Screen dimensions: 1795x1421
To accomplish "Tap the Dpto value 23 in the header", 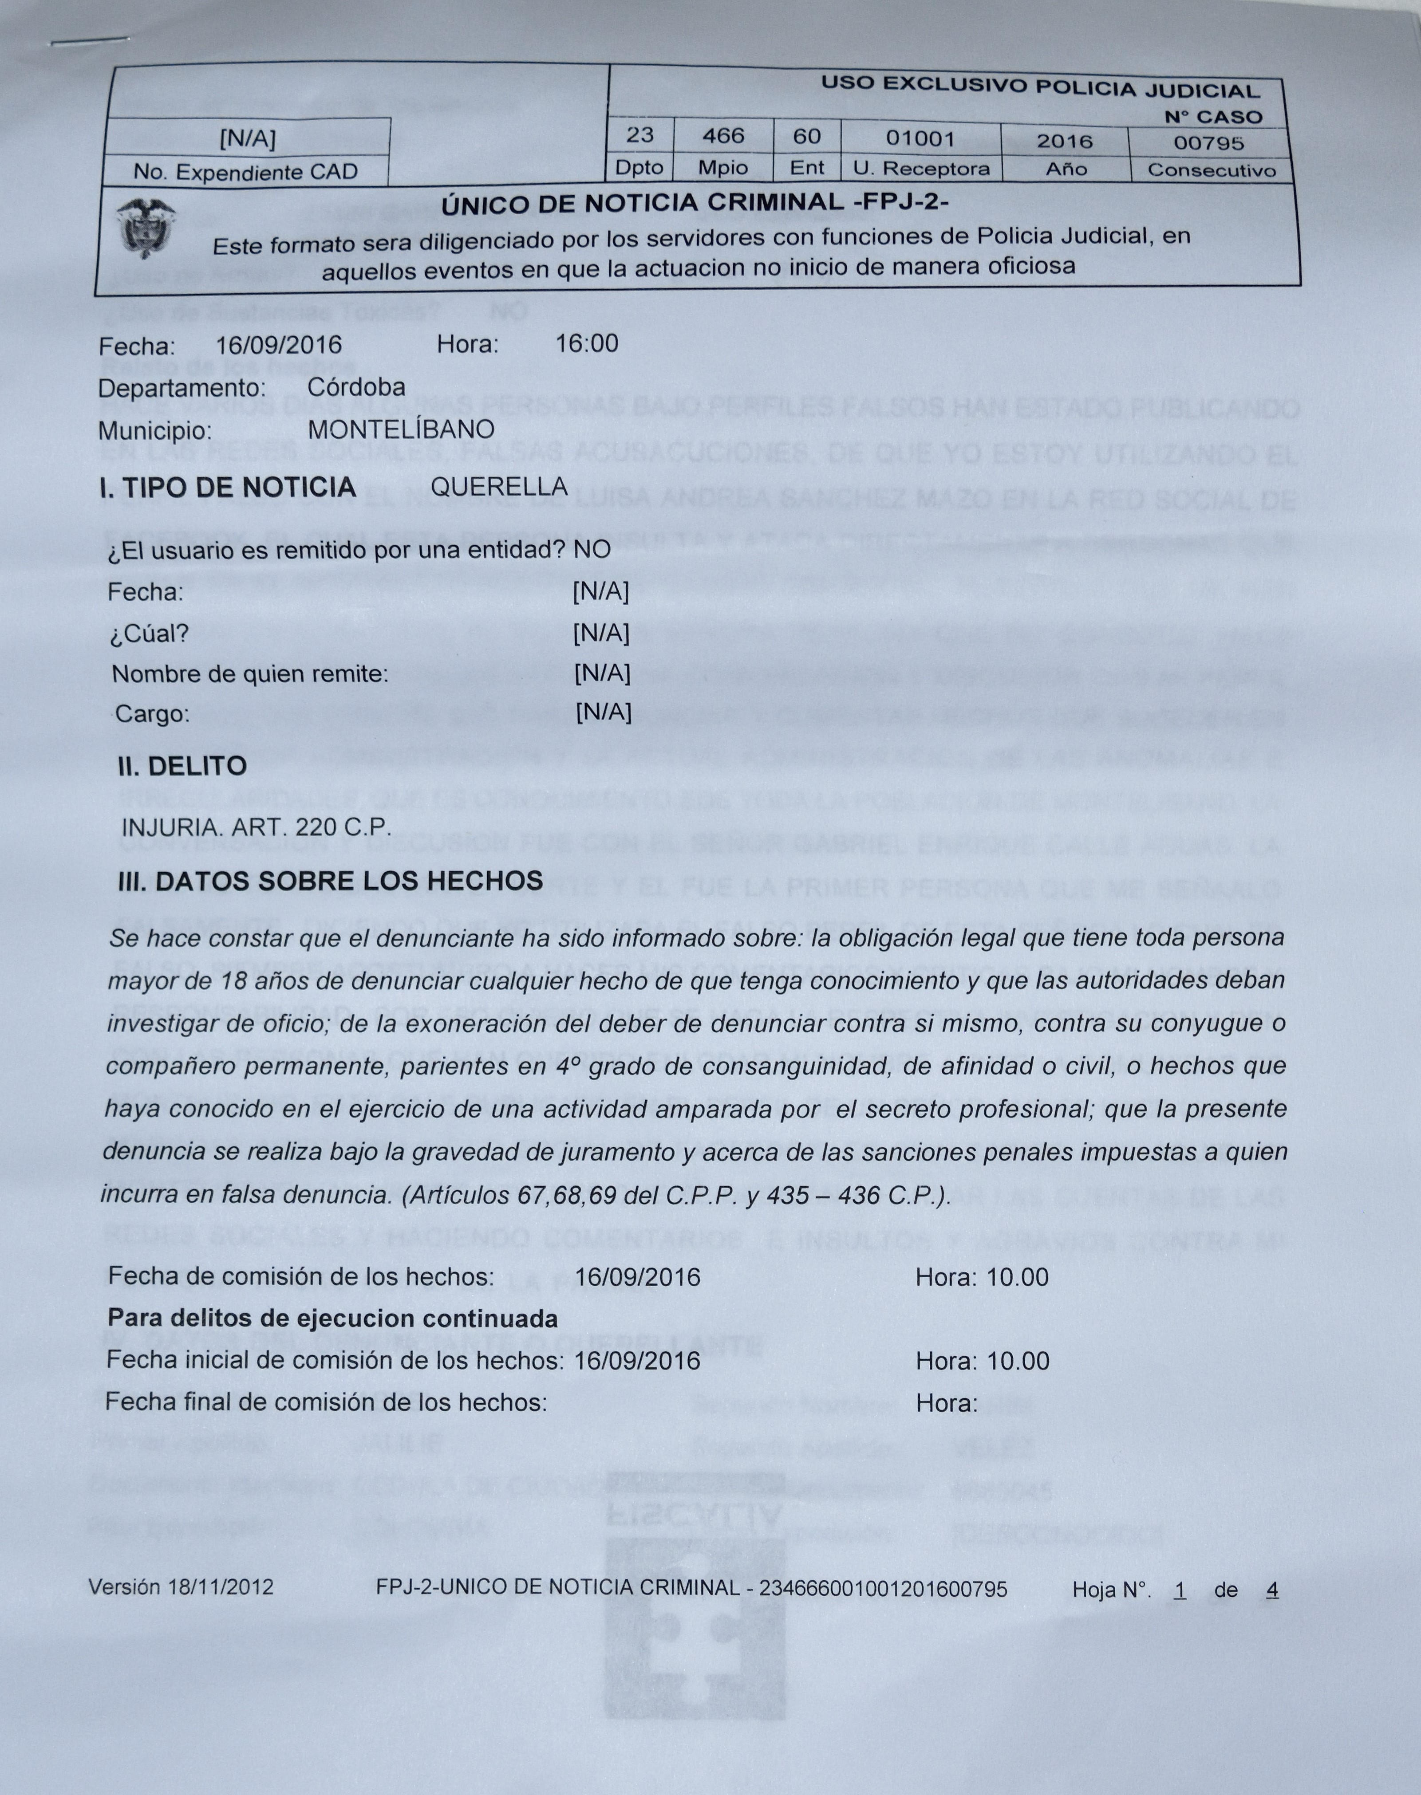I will (x=640, y=135).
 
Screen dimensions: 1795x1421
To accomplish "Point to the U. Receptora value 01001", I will (x=920, y=138).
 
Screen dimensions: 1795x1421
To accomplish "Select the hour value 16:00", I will (x=587, y=343).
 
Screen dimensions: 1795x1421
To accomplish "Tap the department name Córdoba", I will (x=356, y=387).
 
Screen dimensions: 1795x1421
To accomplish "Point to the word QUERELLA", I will (x=499, y=487).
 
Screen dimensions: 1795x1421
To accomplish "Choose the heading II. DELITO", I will (x=182, y=766).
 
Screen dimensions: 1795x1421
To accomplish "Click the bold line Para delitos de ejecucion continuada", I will (x=333, y=1319).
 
